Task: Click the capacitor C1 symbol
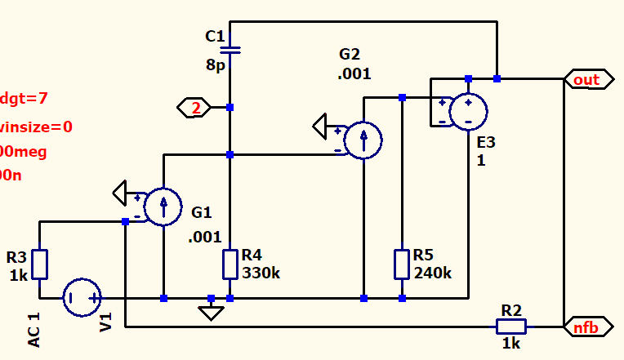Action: pyautogui.click(x=230, y=49)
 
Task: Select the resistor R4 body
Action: pyautogui.click(x=230, y=264)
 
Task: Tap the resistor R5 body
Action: pyautogui.click(x=401, y=264)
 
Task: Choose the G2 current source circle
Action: pyautogui.click(x=363, y=140)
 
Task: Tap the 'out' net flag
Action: pyautogui.click(x=585, y=79)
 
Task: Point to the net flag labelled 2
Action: pyautogui.click(x=194, y=107)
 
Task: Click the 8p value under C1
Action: pyautogui.click(x=215, y=64)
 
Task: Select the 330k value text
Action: pyautogui.click(x=262, y=273)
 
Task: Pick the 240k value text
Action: pyautogui.click(x=433, y=273)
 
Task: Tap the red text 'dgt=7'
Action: pyautogui.click(x=24, y=98)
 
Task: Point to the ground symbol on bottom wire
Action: pyautogui.click(x=212, y=311)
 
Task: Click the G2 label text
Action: pyautogui.click(x=350, y=55)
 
